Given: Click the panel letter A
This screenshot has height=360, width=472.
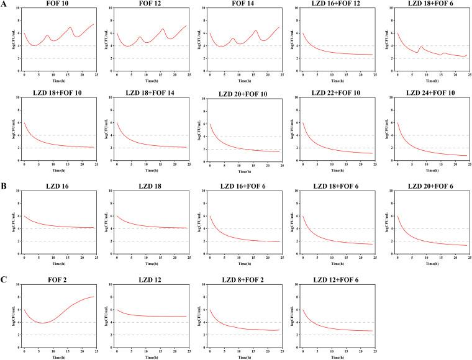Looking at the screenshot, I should click(x=4, y=4).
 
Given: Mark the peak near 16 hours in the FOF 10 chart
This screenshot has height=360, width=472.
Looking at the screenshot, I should click(x=70, y=27).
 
